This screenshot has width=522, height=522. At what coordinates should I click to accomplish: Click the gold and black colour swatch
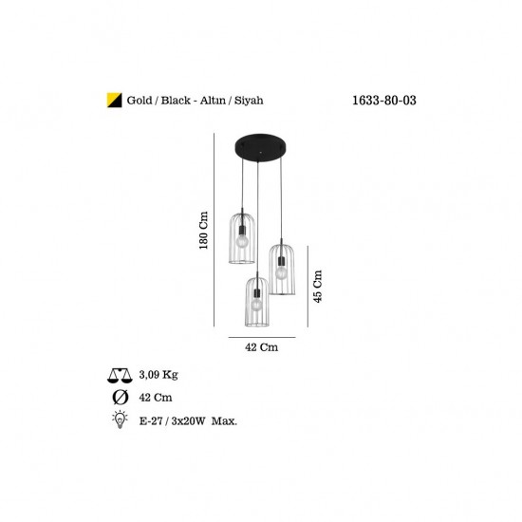(114, 101)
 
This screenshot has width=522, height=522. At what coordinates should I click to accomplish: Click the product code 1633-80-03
(384, 101)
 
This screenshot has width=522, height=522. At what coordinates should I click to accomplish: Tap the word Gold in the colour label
(140, 101)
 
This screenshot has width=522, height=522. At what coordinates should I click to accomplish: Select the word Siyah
(249, 101)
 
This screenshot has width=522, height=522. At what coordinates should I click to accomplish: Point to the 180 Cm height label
(203, 230)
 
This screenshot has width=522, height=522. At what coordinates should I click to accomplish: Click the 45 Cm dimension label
(318, 287)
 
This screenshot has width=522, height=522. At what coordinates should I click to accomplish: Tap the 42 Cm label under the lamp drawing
(262, 347)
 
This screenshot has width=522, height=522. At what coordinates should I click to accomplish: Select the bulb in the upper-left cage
(242, 240)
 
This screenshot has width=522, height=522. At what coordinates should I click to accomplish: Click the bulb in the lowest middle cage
(256, 305)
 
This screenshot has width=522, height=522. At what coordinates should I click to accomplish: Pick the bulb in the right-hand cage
(281, 272)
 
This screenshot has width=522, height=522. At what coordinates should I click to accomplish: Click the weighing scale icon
(120, 376)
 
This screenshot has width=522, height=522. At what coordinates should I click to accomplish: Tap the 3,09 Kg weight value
(158, 375)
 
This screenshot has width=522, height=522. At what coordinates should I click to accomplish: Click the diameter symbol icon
(121, 398)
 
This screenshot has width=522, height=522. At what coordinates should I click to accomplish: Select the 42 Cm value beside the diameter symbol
(156, 398)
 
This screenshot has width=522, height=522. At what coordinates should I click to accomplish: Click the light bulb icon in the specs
(120, 419)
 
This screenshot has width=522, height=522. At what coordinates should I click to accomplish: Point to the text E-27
(151, 421)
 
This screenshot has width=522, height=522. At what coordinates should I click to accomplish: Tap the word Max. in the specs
(224, 421)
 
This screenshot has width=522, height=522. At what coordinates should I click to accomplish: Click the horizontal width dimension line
(262, 337)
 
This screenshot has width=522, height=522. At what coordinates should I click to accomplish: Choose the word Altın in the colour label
(213, 101)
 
